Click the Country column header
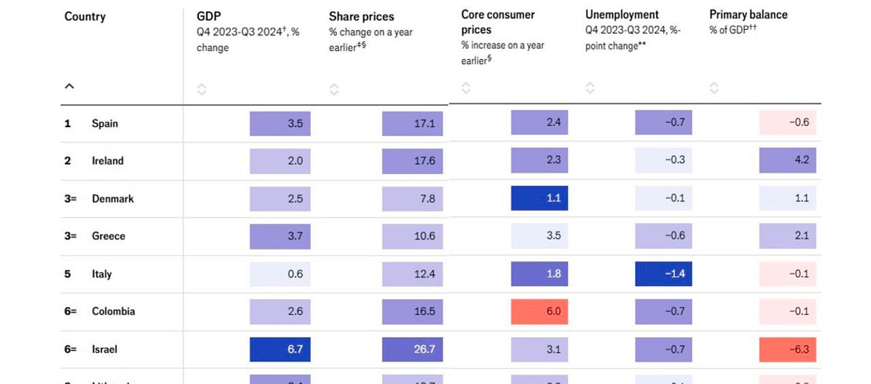pyautogui.click(x=84, y=17)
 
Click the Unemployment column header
pyautogui.click(x=622, y=15)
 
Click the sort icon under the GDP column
pyautogui.click(x=201, y=89)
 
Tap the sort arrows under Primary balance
pyautogui.click(x=714, y=88)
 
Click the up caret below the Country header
pyautogui.click(x=69, y=87)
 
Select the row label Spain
pyautogui.click(x=105, y=124)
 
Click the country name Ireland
pyautogui.click(x=108, y=161)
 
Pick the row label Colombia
pyautogui.click(x=113, y=311)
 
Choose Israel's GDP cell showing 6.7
pyautogui.click(x=280, y=349)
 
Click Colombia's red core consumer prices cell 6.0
pyautogui.click(x=539, y=311)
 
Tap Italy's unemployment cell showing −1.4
pyautogui.click(x=663, y=274)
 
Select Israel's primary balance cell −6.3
pyautogui.click(x=787, y=349)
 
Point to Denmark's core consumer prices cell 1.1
pyautogui.click(x=539, y=198)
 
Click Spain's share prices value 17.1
pyautogui.click(x=412, y=124)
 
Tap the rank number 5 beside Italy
pyautogui.click(x=67, y=274)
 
